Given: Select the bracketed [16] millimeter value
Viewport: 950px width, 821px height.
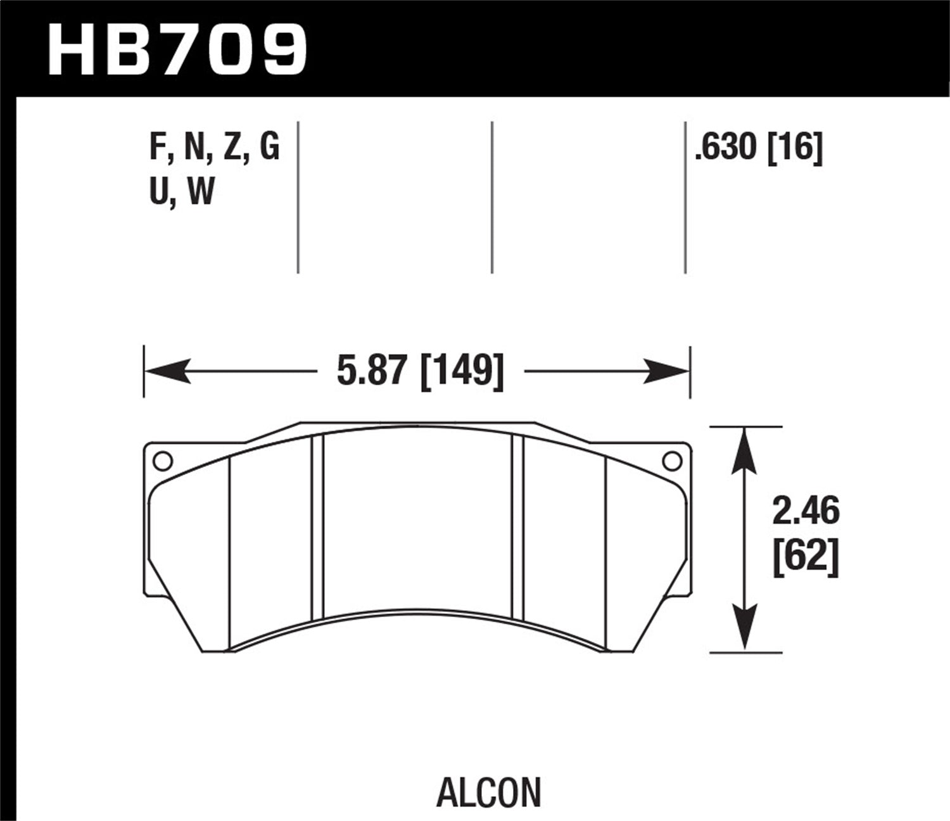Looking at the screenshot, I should (795, 148).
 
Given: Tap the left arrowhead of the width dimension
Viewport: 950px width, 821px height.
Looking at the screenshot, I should (168, 371).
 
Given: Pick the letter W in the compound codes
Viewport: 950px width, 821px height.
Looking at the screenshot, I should (201, 191).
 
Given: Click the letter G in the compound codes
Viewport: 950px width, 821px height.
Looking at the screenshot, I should (269, 148).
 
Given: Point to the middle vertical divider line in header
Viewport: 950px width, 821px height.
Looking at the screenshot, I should (492, 196).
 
